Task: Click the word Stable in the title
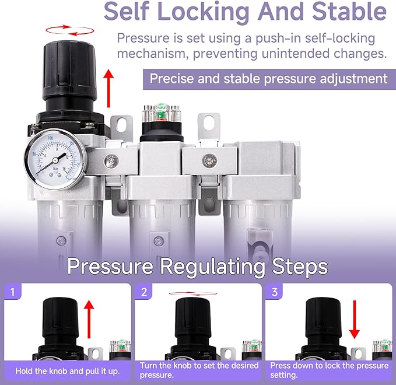[x=349, y=12]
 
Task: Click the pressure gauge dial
[x=55, y=159]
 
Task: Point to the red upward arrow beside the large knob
[x=108, y=88]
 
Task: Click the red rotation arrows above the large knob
[x=70, y=30]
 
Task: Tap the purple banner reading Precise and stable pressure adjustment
[x=269, y=79]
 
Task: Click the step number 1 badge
[x=13, y=292]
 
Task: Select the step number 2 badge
[x=143, y=292]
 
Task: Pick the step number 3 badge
[x=275, y=292]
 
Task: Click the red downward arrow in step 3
[x=355, y=319]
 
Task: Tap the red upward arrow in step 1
[x=89, y=319]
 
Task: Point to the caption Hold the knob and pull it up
[x=67, y=371]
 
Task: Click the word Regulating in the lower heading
[x=213, y=266]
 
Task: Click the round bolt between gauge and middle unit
[x=111, y=160]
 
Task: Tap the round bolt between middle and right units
[x=209, y=160]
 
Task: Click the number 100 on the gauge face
[x=51, y=138]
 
